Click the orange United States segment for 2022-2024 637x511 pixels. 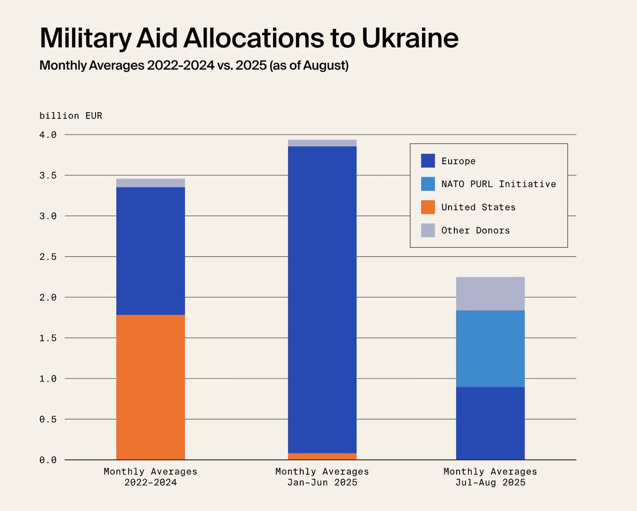[x=150, y=387]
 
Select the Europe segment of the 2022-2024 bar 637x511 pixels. [x=150, y=251]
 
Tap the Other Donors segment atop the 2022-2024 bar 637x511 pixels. [x=150, y=183]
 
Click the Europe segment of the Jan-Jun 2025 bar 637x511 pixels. [x=322, y=300]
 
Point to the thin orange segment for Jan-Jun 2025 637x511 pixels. [x=322, y=456]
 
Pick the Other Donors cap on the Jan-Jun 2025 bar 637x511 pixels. [x=322, y=143]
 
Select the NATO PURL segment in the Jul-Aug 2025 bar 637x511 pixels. [x=490, y=348]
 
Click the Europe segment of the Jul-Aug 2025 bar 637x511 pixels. [x=490, y=423]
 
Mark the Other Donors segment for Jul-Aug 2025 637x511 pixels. [x=490, y=294]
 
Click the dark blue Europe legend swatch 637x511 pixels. [x=428, y=160]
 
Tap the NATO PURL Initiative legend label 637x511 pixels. [x=498, y=184]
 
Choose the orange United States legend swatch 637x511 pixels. [x=428, y=207]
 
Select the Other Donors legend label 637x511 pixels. [x=476, y=231]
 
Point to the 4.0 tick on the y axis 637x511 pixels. [x=48, y=135]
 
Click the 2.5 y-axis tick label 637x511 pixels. [x=48, y=257]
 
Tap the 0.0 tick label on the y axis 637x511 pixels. [x=48, y=460]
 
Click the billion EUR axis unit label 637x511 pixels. [x=71, y=115]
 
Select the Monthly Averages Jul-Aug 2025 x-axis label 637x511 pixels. [x=490, y=477]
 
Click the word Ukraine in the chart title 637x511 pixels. [x=410, y=38]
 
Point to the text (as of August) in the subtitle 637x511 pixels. [x=309, y=65]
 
